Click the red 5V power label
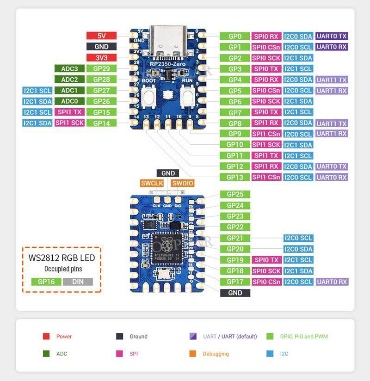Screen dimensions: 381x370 coord(101,36)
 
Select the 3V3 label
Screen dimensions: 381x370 coord(101,58)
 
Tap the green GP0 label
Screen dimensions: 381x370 coord(235,36)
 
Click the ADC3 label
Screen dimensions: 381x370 coord(69,68)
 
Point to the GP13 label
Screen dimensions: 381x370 coord(235,177)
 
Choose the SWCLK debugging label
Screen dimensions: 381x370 coord(152,183)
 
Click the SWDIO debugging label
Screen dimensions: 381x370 coord(183,183)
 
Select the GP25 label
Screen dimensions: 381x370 coord(235,194)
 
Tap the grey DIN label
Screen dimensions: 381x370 coord(78,281)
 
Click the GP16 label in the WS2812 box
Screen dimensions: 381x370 coord(46,281)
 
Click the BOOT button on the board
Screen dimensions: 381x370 coord(149,98)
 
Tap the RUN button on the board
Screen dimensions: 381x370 coord(187,98)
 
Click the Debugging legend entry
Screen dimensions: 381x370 coord(216,354)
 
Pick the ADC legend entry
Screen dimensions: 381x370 coord(62,354)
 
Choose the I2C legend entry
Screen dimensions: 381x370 coord(284,354)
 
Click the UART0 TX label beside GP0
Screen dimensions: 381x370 coord(331,36)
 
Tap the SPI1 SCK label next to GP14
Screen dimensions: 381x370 coord(69,123)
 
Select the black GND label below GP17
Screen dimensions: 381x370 coord(235,293)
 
